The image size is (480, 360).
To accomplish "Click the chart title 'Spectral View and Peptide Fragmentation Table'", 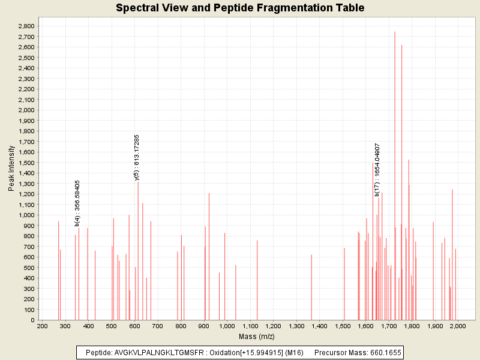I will [x=240, y=8].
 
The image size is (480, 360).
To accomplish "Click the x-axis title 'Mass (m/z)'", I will [x=257, y=336].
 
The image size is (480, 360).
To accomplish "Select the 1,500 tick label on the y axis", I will [x=26, y=163].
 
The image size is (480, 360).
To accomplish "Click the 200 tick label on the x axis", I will [x=42, y=326].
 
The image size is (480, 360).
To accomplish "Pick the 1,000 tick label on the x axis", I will [x=227, y=326].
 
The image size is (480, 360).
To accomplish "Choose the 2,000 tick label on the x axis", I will [x=458, y=326].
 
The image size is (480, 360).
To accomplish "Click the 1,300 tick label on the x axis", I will [x=296, y=326].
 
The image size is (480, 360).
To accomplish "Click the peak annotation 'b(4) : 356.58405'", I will [x=77, y=203].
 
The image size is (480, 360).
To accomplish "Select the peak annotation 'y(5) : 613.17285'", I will [x=137, y=157].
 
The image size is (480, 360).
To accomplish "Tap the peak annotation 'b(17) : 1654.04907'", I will [x=377, y=169].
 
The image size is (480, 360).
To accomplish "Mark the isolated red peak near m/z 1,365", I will [x=311, y=288].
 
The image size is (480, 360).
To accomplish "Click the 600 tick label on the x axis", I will [x=134, y=326].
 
